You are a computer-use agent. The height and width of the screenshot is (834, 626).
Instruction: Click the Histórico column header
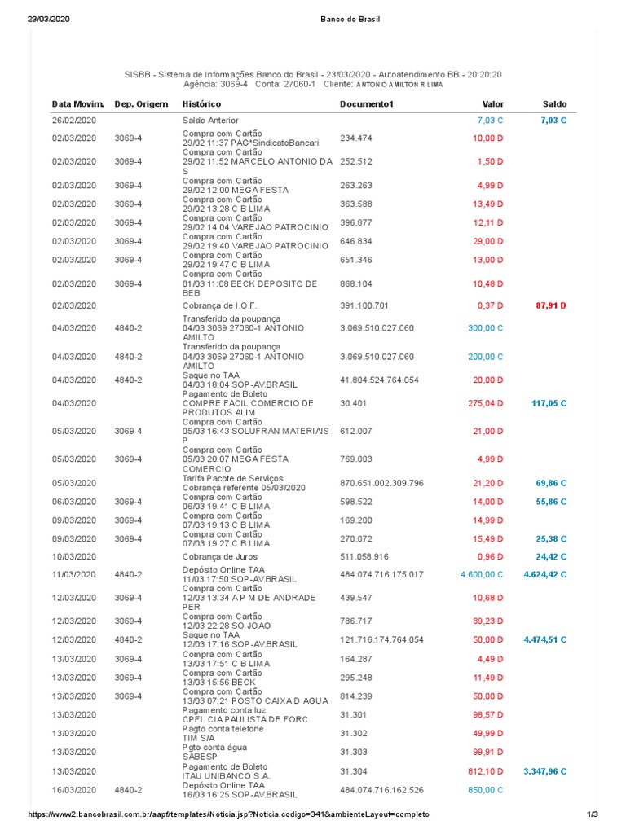point(201,104)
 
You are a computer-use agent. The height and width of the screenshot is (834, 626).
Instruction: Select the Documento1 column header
point(366,104)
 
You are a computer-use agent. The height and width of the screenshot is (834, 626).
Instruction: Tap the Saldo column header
point(554,104)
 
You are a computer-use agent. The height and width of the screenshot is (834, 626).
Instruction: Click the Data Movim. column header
point(78,104)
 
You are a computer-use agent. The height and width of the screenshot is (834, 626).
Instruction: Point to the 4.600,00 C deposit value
point(482,574)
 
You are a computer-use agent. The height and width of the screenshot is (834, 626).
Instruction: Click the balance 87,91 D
point(551,305)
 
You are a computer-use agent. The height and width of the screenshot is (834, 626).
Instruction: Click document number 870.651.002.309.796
point(382,483)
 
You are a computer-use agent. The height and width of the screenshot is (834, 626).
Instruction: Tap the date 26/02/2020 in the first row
point(74,121)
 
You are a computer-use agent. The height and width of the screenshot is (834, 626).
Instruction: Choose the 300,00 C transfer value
point(485,327)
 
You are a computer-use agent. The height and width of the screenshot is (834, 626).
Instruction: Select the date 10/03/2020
point(74,557)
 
